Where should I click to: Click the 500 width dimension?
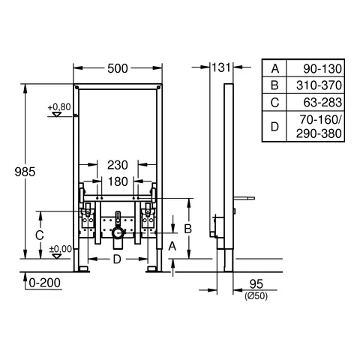[x=118, y=68]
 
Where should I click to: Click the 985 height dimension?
[x=25, y=172]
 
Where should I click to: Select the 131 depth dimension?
[x=221, y=67]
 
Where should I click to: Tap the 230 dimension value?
[x=118, y=165]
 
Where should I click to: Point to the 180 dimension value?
[x=118, y=181]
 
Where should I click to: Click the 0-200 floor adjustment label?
[x=44, y=283]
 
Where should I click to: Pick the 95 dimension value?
[x=256, y=284]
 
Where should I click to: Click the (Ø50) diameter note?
[x=256, y=296]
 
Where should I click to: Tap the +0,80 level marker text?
[x=59, y=107]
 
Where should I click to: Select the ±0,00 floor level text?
[x=61, y=249]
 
